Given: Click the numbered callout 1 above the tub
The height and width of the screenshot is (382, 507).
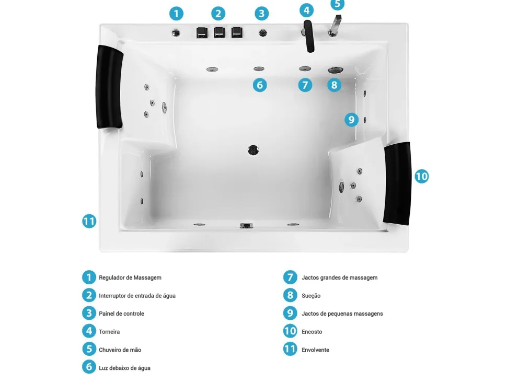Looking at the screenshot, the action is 176,14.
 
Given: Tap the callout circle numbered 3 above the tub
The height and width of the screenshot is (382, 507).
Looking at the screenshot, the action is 261,14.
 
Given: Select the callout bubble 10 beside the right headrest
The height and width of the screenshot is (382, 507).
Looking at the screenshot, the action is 422,176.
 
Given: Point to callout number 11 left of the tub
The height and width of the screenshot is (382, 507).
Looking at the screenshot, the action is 89,222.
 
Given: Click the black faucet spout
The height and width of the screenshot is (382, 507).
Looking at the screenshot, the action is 309,36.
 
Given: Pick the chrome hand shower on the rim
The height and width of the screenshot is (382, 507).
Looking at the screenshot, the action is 335,26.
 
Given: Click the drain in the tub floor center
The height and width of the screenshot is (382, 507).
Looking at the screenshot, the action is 253,150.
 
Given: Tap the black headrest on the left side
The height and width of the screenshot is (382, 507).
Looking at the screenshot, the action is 109,87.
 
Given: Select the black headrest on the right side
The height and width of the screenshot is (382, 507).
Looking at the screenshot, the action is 397,183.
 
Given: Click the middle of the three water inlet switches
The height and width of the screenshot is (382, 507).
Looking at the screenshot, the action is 219,32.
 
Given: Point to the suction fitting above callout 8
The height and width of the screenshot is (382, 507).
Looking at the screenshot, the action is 336,70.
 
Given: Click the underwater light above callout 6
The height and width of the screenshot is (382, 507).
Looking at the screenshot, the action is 259,68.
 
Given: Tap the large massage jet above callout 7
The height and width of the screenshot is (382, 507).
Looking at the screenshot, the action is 305,68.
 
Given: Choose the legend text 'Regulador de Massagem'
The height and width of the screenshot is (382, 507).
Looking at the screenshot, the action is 130,277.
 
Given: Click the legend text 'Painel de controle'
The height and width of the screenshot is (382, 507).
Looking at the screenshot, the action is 121,314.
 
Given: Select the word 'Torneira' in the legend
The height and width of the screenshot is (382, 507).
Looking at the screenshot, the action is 109,332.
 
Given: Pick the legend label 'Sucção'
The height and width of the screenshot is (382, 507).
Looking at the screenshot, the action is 311,296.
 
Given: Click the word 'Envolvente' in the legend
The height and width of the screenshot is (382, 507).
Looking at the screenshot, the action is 315,350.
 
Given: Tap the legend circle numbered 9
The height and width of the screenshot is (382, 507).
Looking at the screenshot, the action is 290,313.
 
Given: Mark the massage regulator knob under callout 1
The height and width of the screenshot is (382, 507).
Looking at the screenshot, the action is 176,33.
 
